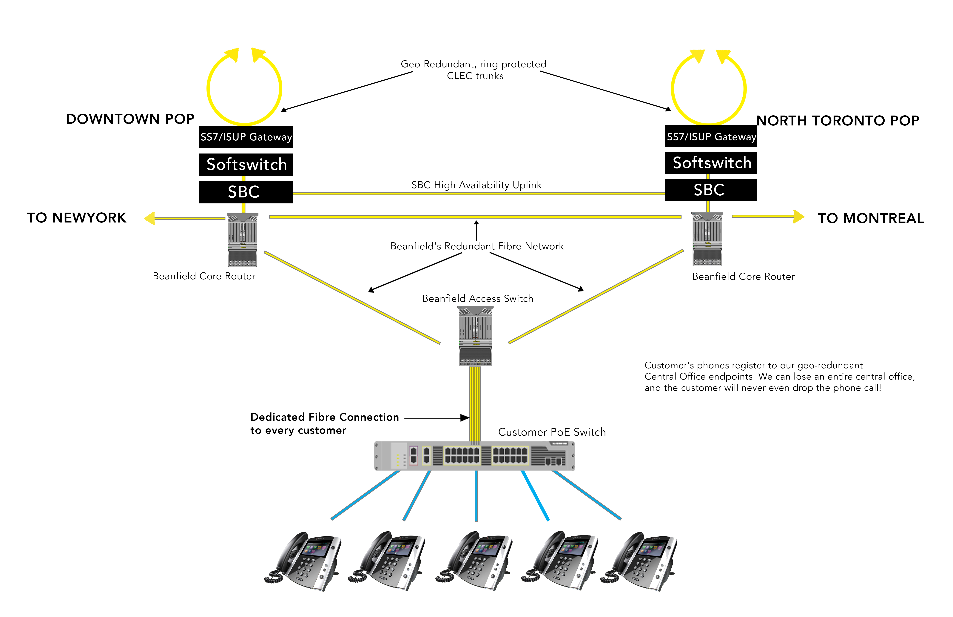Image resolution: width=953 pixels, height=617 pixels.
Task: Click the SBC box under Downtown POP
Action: pos(246,192)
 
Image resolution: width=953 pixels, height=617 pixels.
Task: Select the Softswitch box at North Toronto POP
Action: pos(711,163)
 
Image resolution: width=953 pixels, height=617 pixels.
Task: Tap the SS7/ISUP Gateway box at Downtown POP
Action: pos(246,137)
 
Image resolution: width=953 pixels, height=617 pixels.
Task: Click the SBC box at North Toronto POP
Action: pos(711,190)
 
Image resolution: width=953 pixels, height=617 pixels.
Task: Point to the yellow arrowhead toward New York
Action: pos(150,218)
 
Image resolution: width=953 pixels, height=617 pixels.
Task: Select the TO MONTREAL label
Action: pos(871,218)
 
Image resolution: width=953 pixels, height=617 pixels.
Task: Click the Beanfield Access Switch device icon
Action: pos(475,336)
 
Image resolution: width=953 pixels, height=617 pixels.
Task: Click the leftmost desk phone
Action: pos(303,561)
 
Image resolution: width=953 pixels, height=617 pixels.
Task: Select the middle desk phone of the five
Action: pos(474,561)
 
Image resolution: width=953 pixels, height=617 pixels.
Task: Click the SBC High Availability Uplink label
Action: pos(476,185)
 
